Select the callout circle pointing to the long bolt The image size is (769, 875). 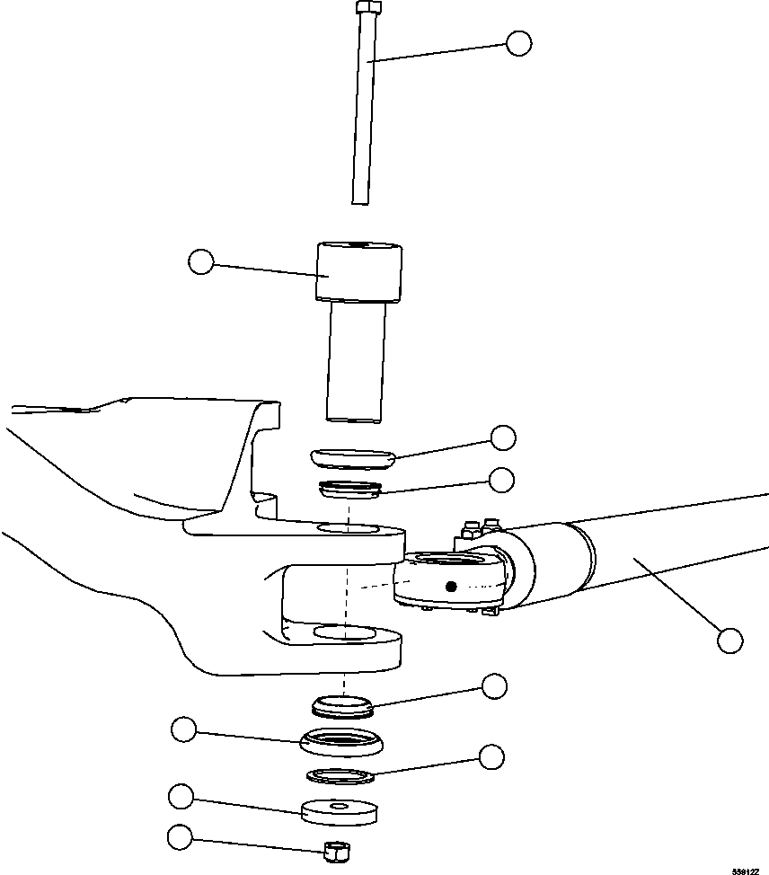click(518, 43)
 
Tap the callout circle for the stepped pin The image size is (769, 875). click(201, 262)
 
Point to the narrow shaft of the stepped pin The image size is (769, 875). click(357, 359)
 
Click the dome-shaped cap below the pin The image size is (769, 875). click(355, 456)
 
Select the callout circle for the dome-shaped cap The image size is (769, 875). click(503, 437)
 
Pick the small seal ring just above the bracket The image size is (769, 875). click(350, 491)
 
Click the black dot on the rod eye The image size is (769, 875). click(452, 588)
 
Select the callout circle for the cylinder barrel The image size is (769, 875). click(730, 640)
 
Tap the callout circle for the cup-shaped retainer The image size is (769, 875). click(185, 729)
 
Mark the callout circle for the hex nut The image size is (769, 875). click(180, 837)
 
